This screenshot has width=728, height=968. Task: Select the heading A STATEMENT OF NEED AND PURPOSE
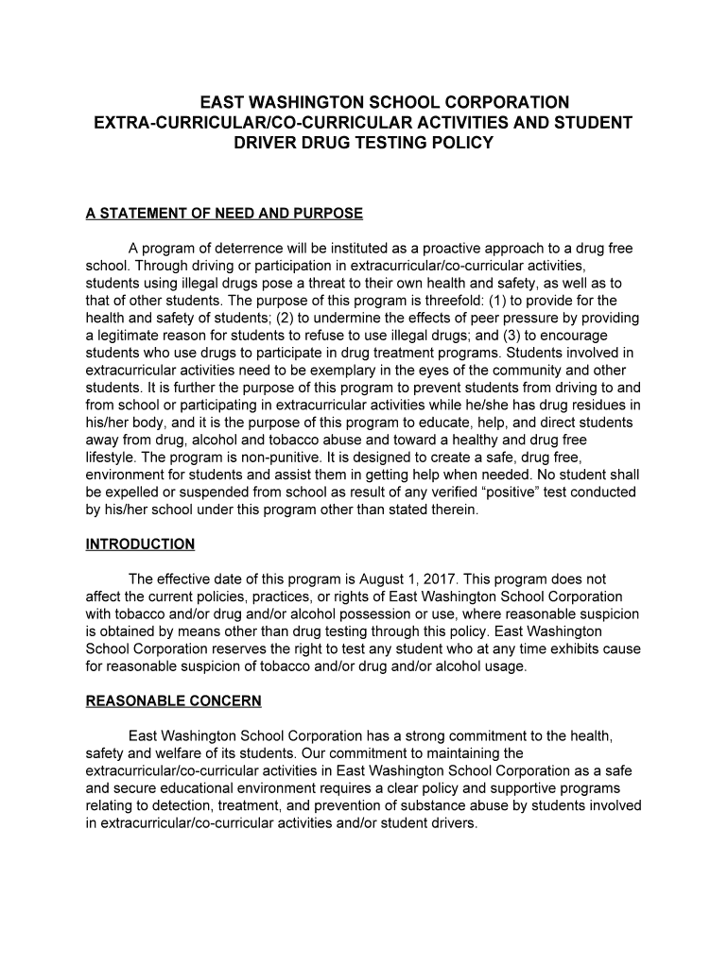[224, 214]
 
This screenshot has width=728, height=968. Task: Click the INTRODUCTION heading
[140, 544]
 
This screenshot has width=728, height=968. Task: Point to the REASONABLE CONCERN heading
[173, 701]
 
